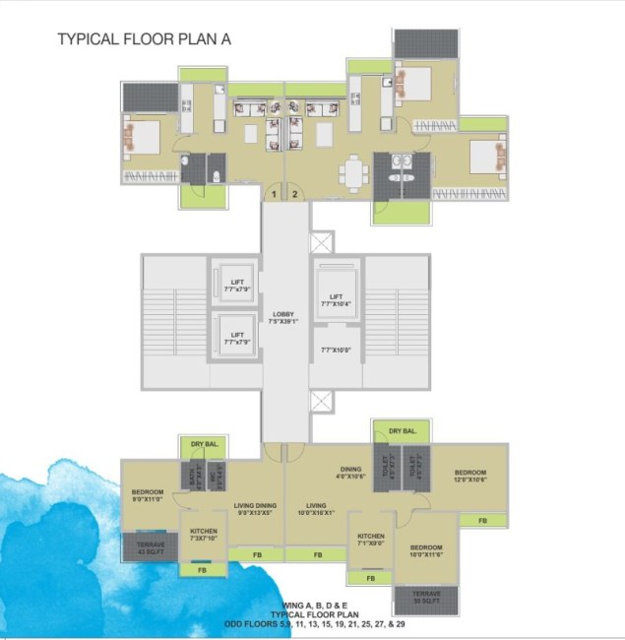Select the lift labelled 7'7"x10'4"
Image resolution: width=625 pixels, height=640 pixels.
337,300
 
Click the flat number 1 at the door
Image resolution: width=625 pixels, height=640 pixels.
275,195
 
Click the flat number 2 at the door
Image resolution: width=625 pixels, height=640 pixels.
293,195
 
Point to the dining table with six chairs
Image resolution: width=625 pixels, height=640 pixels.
354,171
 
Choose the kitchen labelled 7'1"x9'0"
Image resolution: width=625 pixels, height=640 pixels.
372,540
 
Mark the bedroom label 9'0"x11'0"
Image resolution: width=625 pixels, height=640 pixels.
147,495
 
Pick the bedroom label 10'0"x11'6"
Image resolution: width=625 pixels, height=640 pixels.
425,550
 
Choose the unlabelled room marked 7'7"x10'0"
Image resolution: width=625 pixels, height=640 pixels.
337,351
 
